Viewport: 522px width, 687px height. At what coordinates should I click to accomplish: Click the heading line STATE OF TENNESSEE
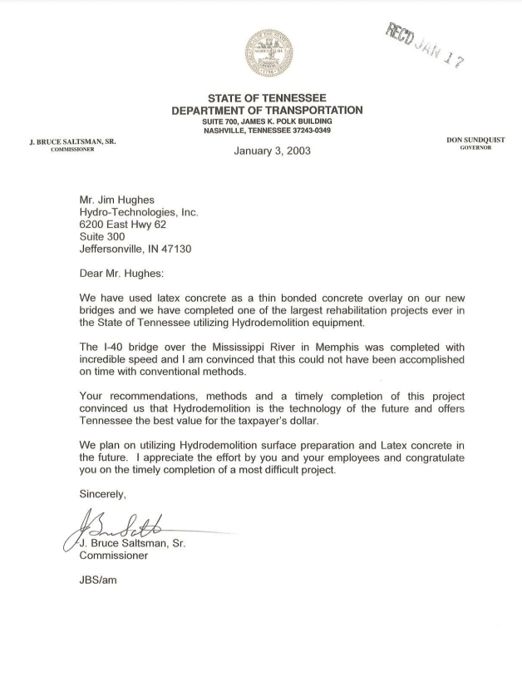point(267,98)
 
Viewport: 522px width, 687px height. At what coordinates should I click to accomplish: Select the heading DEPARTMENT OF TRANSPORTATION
point(267,111)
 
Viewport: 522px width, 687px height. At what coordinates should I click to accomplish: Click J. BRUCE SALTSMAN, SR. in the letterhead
point(71,141)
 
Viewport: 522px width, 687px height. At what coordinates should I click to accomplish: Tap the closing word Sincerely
point(102,493)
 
